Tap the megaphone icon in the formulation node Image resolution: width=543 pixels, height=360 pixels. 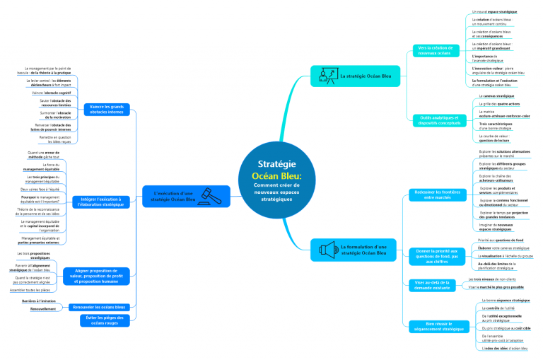326,249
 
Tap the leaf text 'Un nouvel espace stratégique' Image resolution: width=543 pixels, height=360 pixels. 494,12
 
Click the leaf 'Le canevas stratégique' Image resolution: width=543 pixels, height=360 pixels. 496,95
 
